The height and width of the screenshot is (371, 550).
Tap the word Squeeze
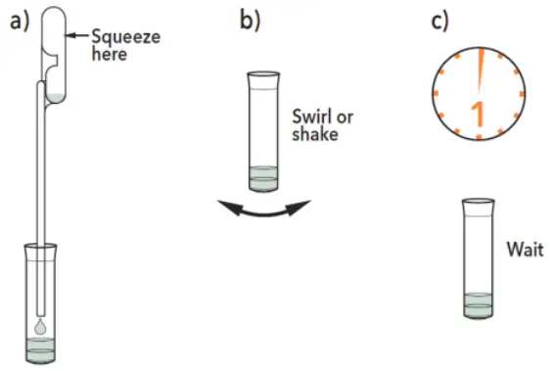click(x=125, y=37)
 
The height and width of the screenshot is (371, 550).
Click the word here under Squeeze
click(x=110, y=56)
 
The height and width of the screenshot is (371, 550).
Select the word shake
click(x=315, y=134)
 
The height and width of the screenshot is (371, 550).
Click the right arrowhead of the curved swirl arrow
click(x=304, y=206)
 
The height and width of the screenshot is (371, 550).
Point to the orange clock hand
click(x=481, y=70)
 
